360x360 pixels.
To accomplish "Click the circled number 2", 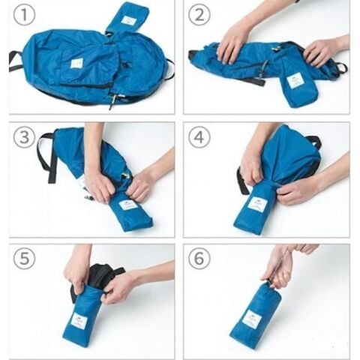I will coord(199,14).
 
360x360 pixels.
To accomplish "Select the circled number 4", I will coord(199,137).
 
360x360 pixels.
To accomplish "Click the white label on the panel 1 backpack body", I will coord(76,63).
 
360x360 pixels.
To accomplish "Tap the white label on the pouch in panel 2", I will coord(295,80).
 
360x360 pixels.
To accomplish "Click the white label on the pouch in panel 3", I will coord(127,204).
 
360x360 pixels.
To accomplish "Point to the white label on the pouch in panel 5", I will coord(79,321).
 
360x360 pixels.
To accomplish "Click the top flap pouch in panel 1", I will coord(127,19).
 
